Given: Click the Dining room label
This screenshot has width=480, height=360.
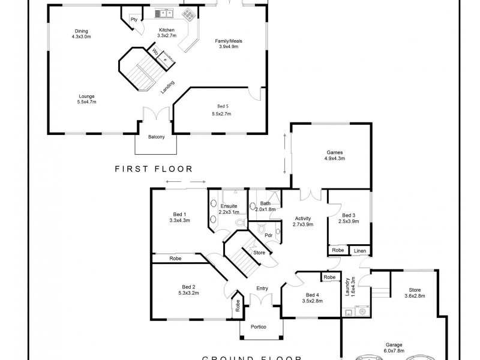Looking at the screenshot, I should [81, 34].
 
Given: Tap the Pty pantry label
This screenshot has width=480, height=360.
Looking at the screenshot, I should [134, 19].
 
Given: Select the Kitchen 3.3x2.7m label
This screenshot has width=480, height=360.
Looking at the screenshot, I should [166, 33].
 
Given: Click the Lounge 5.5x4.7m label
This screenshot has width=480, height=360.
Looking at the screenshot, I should [86, 99].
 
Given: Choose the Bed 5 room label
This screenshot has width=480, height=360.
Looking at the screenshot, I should [222, 110].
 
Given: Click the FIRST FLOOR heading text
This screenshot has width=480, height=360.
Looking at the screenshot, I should [154, 169].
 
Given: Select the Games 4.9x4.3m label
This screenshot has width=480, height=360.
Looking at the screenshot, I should [334, 156].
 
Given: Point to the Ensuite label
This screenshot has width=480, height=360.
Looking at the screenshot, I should [229, 209].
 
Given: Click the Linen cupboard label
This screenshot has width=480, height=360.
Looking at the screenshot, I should [360, 250].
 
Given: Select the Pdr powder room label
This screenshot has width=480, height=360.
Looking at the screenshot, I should [261, 235].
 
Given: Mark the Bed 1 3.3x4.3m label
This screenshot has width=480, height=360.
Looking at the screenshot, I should [180, 217].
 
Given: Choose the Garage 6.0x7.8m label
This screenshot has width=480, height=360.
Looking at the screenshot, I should [394, 349].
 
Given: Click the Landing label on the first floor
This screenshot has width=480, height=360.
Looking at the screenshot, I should [167, 88].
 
